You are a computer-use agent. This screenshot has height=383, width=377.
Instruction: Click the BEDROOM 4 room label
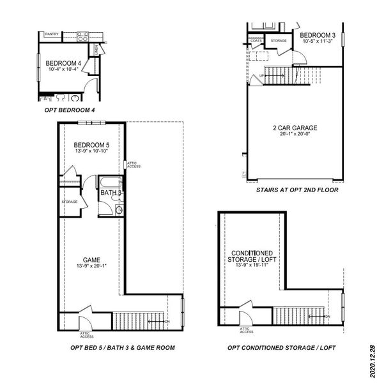point(63,63)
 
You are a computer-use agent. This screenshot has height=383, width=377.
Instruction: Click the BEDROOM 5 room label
point(91,144)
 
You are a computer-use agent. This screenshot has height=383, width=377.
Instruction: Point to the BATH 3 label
point(111,192)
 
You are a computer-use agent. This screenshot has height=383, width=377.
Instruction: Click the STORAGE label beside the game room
point(70,202)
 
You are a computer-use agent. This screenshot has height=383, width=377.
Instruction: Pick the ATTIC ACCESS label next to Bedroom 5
point(133,164)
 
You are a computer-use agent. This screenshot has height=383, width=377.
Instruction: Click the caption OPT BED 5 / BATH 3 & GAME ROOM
point(123,348)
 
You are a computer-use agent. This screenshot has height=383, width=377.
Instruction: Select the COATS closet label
point(256,41)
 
